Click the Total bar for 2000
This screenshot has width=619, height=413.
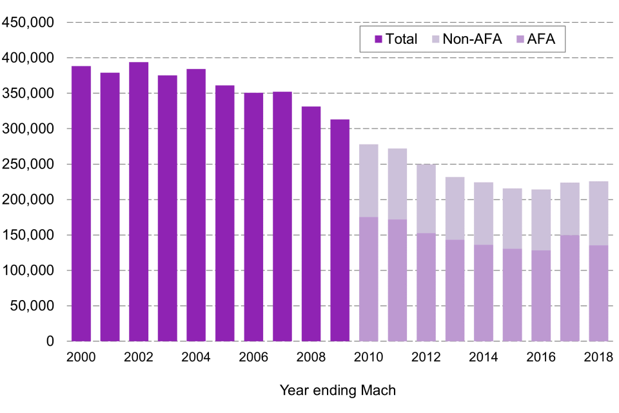81,203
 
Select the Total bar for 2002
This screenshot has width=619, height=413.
139,201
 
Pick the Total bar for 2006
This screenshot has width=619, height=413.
253,217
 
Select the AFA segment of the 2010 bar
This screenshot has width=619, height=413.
368,279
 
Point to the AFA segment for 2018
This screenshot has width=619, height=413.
598,293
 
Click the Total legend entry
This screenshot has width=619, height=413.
396,39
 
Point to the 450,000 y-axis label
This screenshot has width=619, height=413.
28,23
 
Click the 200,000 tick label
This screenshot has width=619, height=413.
28,129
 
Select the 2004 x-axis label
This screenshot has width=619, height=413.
196,357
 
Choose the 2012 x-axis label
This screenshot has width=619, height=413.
426,357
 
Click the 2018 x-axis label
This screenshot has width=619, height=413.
598,357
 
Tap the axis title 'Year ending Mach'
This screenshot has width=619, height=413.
338,390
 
